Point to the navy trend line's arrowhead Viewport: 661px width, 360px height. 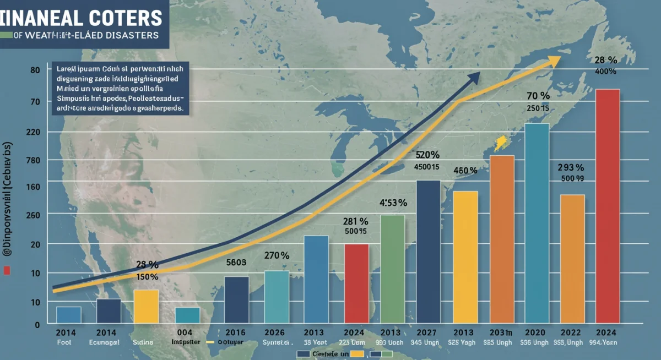click(x=474, y=78)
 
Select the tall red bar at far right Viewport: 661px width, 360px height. click(x=608, y=206)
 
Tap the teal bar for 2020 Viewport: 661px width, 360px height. click(x=537, y=223)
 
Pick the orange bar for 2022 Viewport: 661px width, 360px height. click(x=572, y=259)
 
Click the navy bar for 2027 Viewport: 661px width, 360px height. click(x=428, y=252)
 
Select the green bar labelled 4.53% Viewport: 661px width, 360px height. click(x=392, y=269)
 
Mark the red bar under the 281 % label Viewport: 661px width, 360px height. click(x=356, y=283)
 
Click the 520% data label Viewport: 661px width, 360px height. click(x=427, y=155)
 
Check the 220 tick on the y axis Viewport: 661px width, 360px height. click(x=35, y=132)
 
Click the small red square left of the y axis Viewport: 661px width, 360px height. click(x=7, y=270)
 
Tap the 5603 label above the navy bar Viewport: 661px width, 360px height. click(x=236, y=263)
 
